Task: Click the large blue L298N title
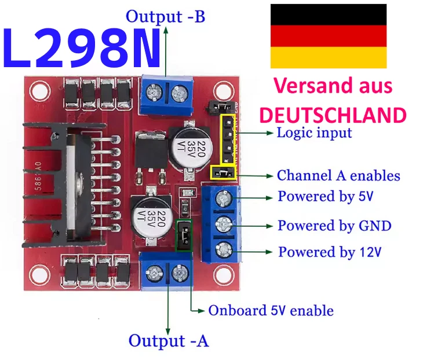click(x=82, y=48)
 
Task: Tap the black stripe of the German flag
click(x=328, y=14)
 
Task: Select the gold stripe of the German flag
click(x=328, y=58)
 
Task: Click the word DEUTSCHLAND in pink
click(x=333, y=115)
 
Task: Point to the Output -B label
click(x=165, y=16)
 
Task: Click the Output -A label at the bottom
click(x=168, y=341)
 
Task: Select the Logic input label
click(x=314, y=133)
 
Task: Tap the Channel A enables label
click(x=338, y=175)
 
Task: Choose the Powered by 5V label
click(x=326, y=196)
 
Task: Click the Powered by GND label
click(x=334, y=225)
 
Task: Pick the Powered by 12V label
click(x=330, y=252)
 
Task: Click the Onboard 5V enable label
click(x=271, y=311)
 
